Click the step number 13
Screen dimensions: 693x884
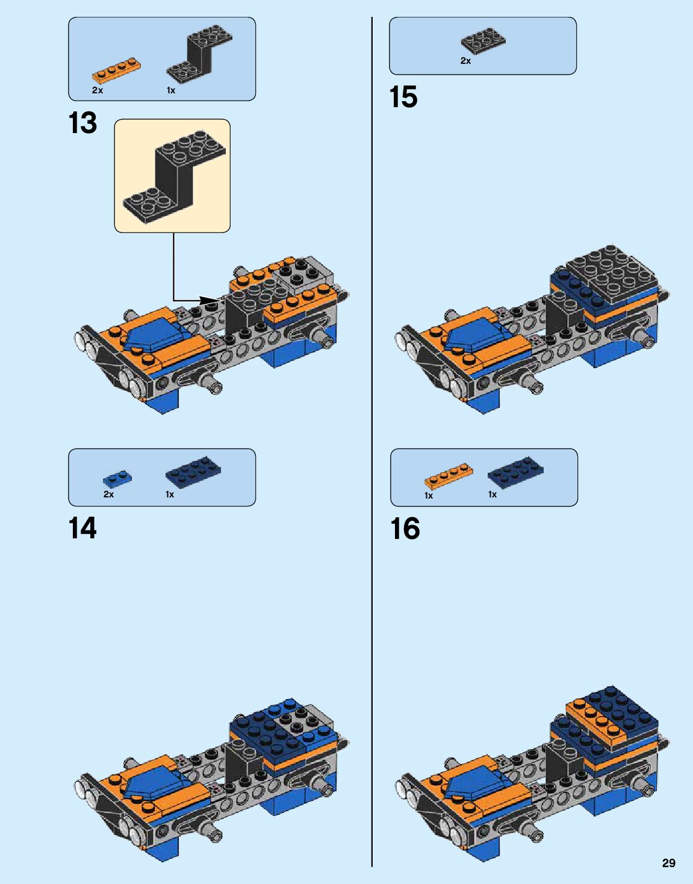click(83, 123)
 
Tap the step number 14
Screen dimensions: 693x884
click(83, 528)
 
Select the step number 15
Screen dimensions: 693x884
click(403, 97)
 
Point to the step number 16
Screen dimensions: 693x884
click(405, 529)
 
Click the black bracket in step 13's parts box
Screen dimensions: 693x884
click(199, 55)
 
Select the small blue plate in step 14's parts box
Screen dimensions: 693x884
click(117, 478)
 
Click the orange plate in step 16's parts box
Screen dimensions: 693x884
click(449, 475)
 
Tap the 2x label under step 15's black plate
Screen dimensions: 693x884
click(465, 61)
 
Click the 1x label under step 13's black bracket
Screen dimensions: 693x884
click(171, 90)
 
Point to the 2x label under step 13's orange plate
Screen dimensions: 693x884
click(98, 90)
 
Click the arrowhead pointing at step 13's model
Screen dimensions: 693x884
click(213, 300)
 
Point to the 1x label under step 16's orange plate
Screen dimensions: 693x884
click(429, 496)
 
